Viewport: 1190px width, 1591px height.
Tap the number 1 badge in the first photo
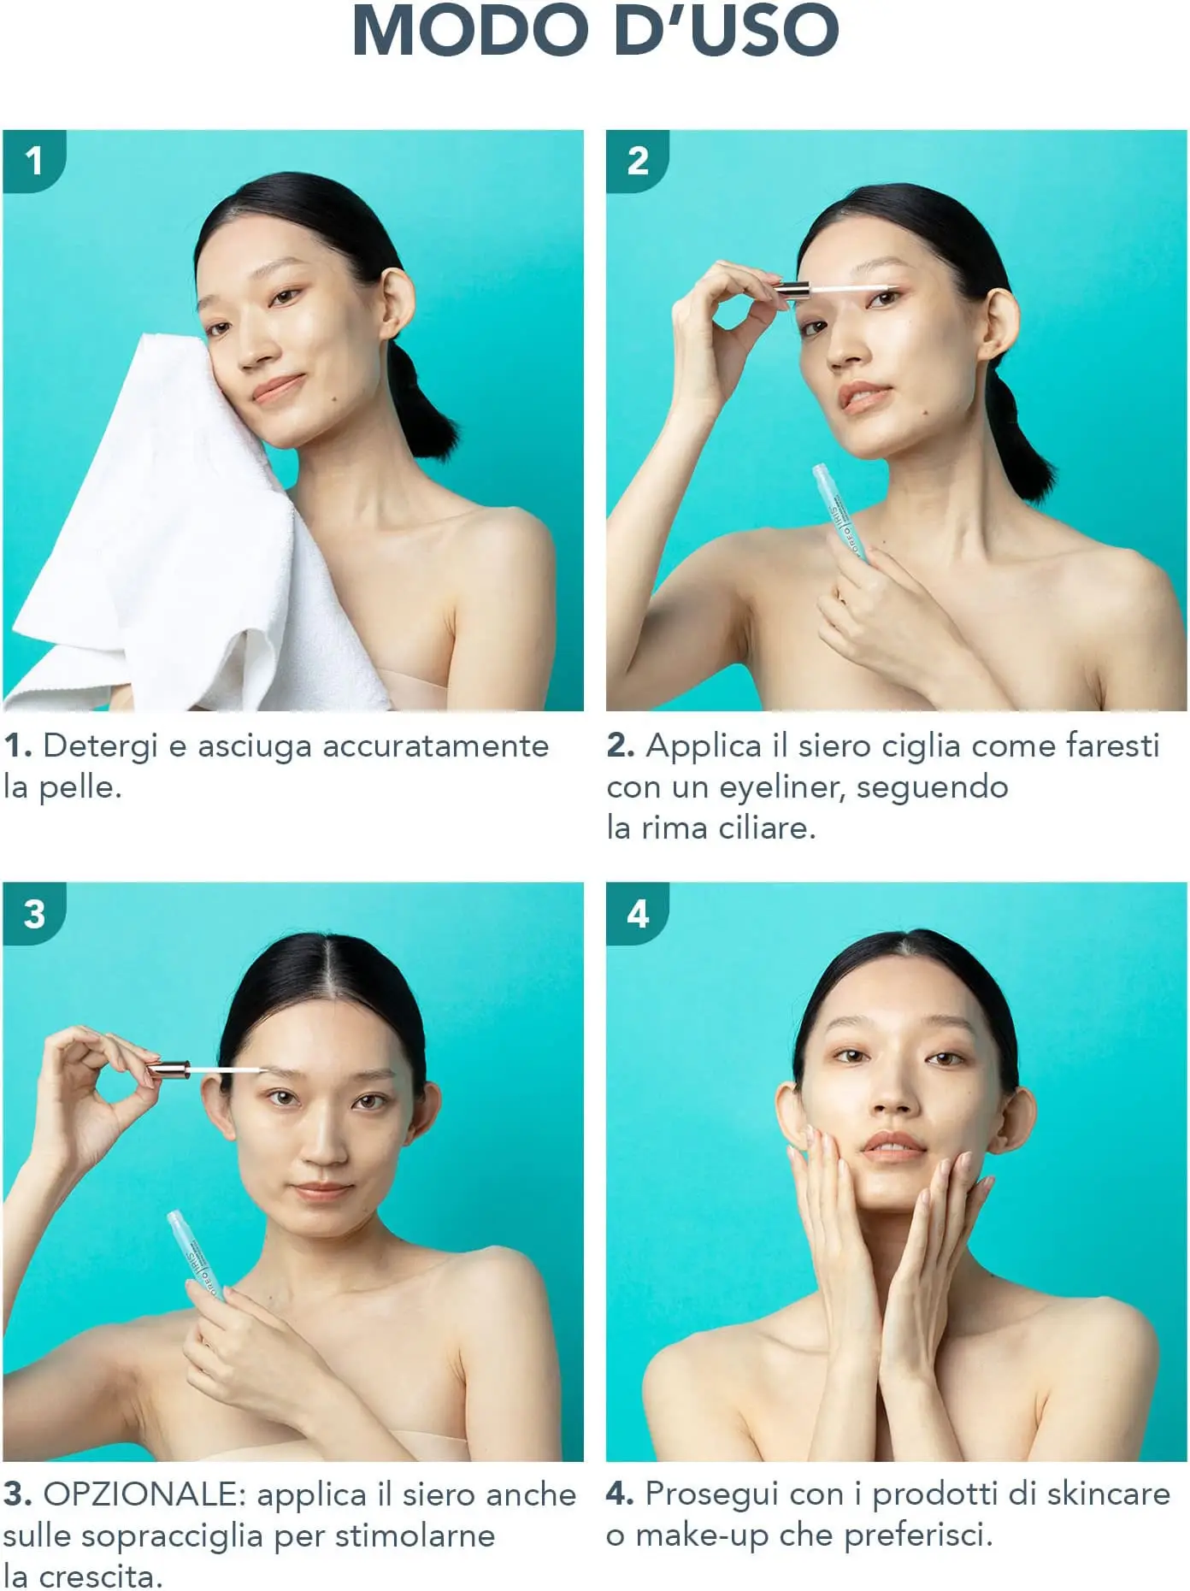coord(34,161)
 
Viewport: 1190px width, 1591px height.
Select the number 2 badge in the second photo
coord(638,161)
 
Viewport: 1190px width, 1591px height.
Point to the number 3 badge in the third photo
coord(34,914)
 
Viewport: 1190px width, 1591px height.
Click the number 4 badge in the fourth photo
coord(638,914)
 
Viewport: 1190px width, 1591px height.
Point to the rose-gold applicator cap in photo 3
coord(168,1069)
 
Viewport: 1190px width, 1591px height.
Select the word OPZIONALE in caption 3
coord(145,1494)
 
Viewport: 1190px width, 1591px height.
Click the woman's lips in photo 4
coord(893,1144)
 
